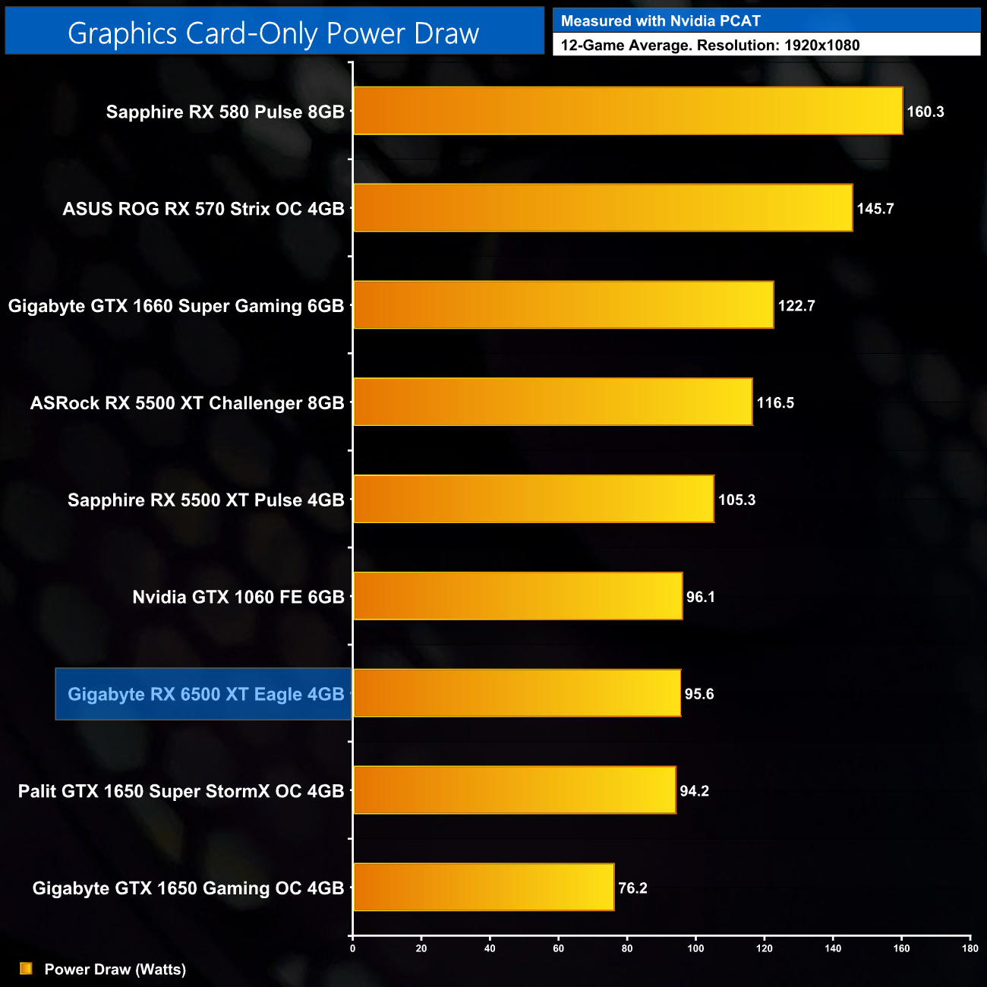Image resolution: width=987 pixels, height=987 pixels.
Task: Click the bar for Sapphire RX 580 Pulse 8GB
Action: [628, 111]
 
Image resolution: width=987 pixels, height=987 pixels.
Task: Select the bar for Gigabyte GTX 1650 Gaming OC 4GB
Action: [484, 887]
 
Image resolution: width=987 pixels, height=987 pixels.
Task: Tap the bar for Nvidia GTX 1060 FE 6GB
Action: [518, 596]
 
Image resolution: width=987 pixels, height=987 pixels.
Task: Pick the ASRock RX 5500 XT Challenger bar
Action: [553, 402]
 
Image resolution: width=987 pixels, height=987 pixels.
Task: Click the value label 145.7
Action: [875, 209]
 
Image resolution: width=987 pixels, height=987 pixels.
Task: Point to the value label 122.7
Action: [796, 306]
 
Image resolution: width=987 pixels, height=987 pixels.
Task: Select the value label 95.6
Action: [699, 694]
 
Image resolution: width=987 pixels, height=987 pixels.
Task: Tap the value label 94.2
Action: [695, 791]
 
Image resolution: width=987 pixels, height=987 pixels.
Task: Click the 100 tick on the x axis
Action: [695, 948]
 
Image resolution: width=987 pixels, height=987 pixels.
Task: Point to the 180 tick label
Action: [970, 948]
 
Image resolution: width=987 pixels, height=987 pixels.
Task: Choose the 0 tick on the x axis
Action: [352, 948]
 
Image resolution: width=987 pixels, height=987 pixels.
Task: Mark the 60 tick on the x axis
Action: [558, 948]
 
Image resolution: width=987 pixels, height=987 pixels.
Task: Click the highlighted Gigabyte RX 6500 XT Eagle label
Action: [206, 694]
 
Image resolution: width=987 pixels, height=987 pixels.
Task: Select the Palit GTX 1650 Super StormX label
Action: [181, 791]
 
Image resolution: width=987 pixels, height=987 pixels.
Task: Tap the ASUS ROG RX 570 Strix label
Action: [203, 209]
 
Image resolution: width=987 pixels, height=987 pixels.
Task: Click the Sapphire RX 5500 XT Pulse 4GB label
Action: [206, 500]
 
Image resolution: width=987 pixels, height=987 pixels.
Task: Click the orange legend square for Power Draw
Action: [26, 968]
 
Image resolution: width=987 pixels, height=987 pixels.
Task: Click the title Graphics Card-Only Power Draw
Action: [273, 33]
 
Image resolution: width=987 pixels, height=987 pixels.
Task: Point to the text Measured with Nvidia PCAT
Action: [661, 21]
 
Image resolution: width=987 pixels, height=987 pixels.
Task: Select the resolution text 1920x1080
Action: [821, 46]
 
